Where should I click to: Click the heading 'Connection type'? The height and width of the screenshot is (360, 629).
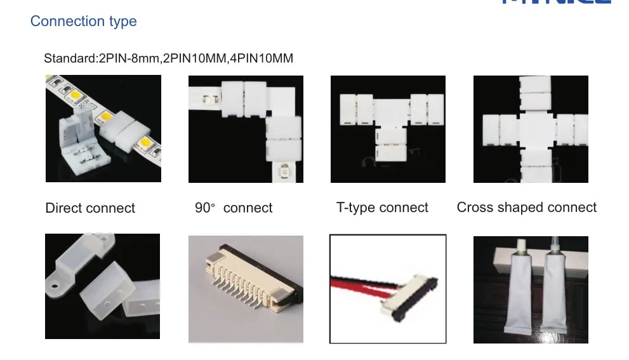point(83,22)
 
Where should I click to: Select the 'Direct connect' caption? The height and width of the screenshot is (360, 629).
point(90,208)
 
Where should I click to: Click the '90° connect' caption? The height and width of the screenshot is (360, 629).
point(234,208)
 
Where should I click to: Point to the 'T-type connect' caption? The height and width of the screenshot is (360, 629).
point(382,208)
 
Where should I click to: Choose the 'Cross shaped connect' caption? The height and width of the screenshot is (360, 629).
point(526,208)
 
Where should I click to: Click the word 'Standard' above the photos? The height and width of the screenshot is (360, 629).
point(69,59)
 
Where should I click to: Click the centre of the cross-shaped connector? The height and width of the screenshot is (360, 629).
point(531,129)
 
